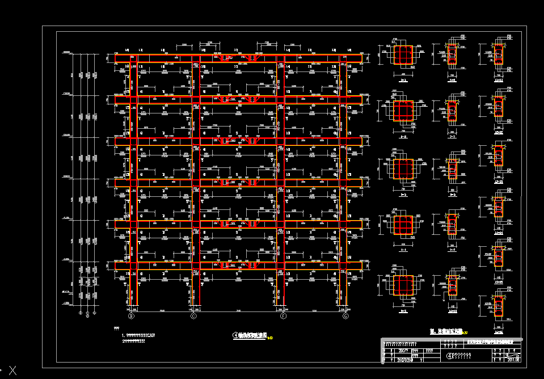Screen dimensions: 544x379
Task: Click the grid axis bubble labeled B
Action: tap(131, 315)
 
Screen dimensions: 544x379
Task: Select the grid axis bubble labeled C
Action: tap(193, 315)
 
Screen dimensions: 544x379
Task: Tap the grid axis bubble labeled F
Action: tap(282, 315)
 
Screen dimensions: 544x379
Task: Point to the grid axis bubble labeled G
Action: tap(345, 315)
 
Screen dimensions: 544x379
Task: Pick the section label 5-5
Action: tap(403, 311)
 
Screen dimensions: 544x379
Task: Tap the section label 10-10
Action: tap(452, 311)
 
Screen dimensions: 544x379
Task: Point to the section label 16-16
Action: tap(499, 311)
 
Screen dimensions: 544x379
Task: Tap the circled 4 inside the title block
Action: tap(450, 356)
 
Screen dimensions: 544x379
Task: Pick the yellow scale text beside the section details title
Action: tap(465, 332)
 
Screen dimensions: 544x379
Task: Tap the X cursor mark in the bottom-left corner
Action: tap(12, 372)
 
